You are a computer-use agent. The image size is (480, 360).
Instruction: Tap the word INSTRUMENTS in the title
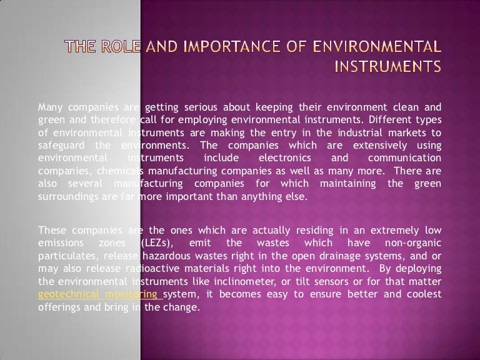(387, 64)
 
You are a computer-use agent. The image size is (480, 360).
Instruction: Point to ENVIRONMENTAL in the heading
(374, 46)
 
